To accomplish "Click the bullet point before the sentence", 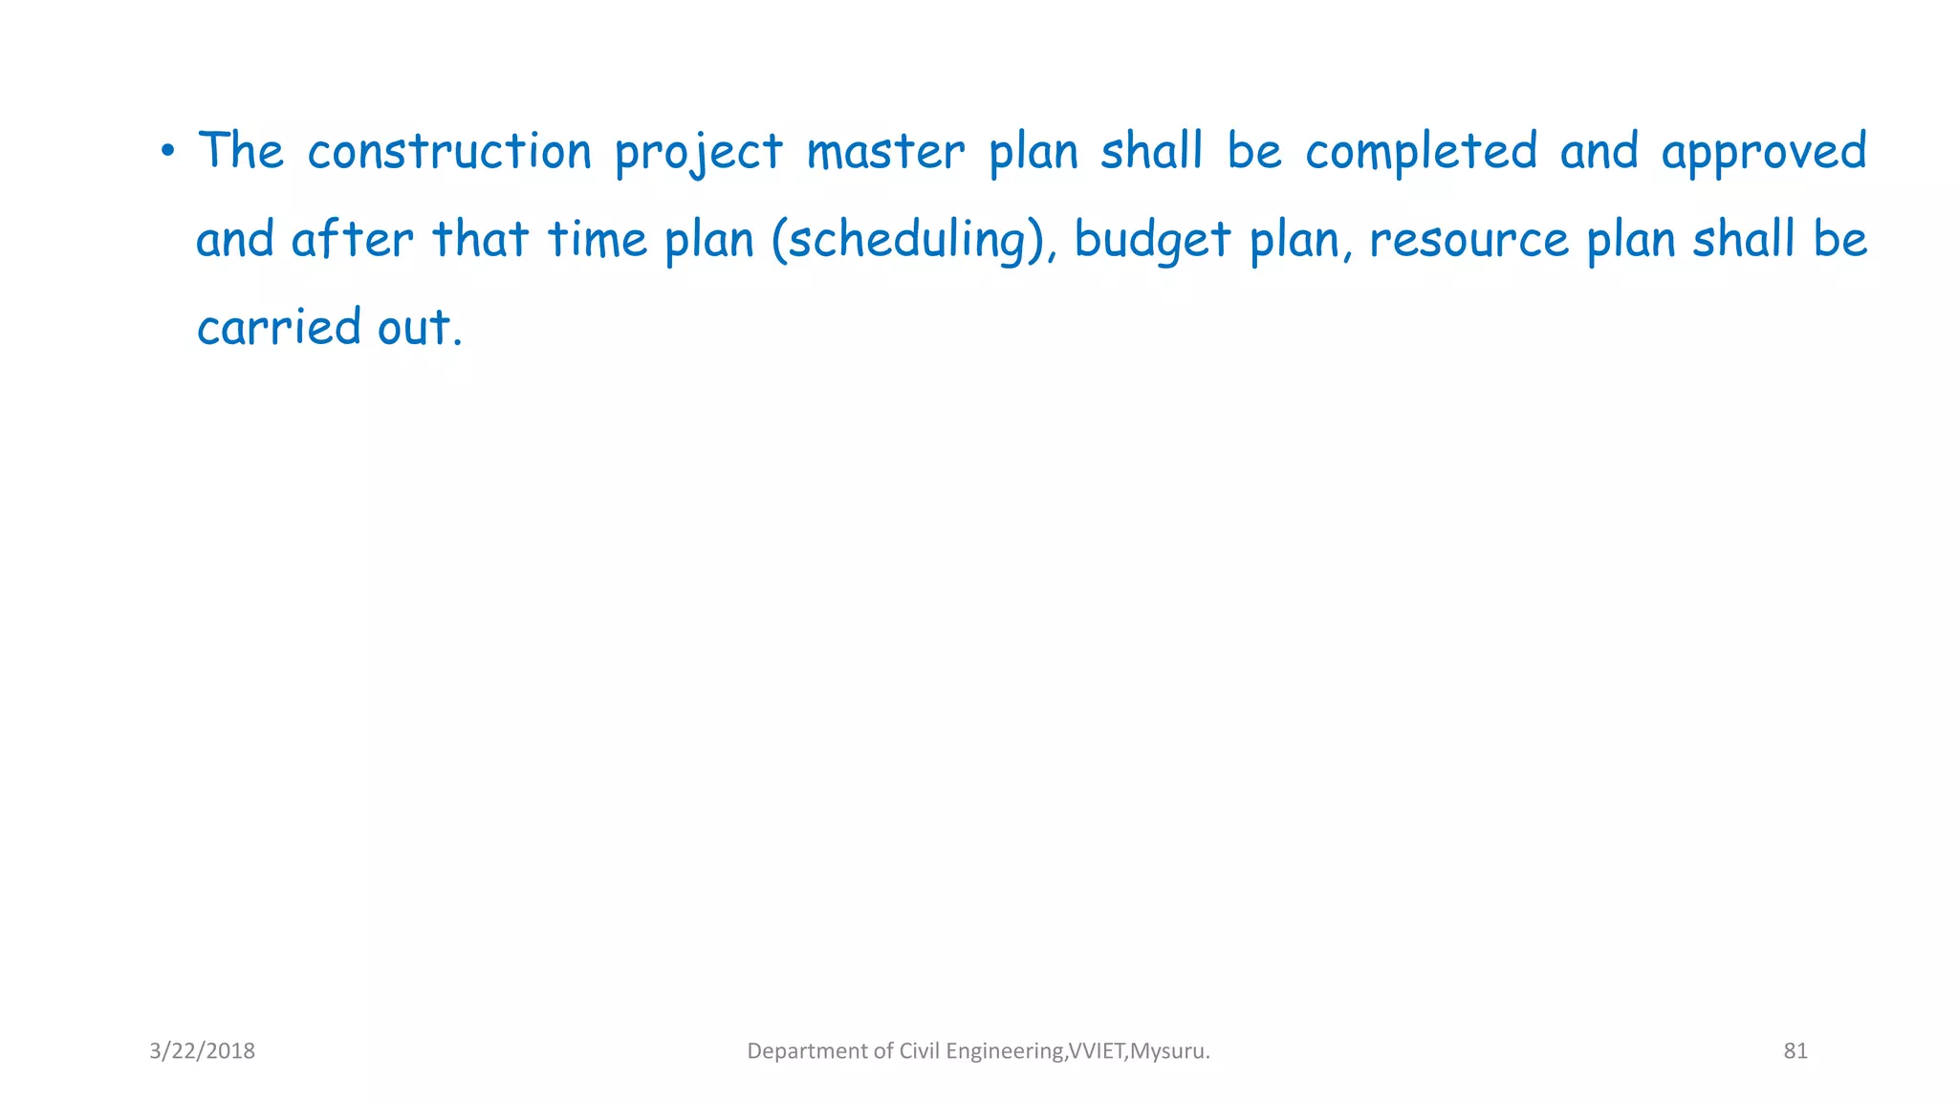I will [167, 151].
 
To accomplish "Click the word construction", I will [449, 152].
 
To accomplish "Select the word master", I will [885, 152].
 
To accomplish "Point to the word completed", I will [1421, 152].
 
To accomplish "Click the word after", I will [352, 239].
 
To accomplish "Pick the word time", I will [597, 239].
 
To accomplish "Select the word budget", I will [1151, 240].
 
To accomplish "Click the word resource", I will [1468, 240].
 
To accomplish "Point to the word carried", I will [278, 327].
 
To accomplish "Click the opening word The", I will [241, 151].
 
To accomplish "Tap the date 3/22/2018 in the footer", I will [202, 1051].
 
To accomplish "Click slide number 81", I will [1795, 1051].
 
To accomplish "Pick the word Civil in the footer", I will [920, 1051].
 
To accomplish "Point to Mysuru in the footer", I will [1168, 1051].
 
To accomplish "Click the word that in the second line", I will [480, 239].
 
